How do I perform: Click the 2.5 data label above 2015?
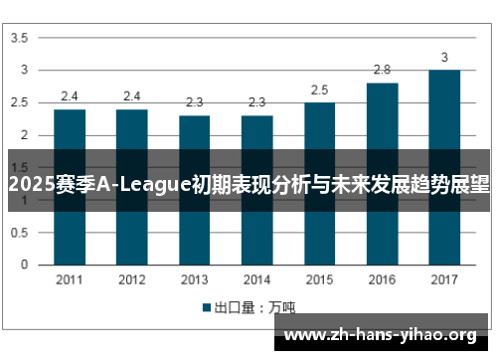319,90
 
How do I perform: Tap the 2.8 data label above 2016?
382,70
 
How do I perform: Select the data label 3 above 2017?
444,57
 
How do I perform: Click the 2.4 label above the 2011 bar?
70,96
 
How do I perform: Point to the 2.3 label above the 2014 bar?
256,102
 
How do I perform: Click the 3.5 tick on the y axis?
19,38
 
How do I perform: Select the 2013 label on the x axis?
195,279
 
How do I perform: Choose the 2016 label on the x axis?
382,279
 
